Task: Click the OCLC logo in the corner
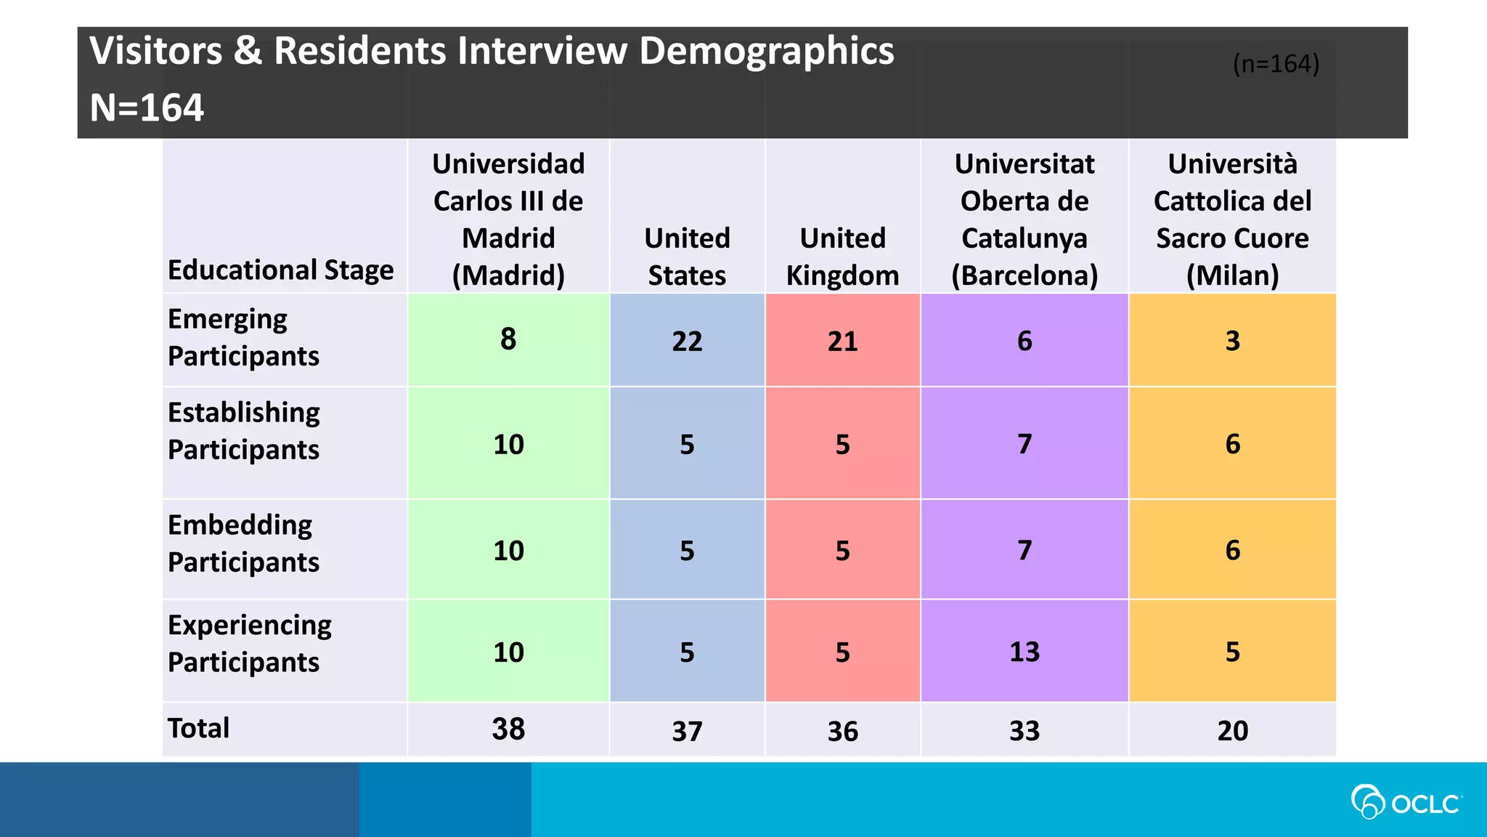tap(1406, 802)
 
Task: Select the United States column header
tap(687, 256)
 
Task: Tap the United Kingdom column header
tap(842, 256)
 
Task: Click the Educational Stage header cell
tap(280, 270)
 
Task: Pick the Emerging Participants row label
tap(243, 338)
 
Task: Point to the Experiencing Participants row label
tap(249, 644)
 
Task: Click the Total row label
tap(198, 728)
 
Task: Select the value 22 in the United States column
tap(687, 341)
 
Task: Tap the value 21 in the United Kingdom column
tap(842, 341)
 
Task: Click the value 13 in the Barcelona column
tap(1024, 652)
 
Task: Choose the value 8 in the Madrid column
tap(508, 339)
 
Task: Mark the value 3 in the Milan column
tap(1232, 341)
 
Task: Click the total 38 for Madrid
tap(508, 729)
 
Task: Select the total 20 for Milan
tap(1232, 730)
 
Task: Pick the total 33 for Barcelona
tap(1024, 730)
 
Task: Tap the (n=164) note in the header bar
tap(1276, 64)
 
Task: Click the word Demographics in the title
tap(766, 52)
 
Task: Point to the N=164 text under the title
tap(147, 108)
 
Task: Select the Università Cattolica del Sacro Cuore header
tap(1232, 219)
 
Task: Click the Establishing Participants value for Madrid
tap(508, 444)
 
